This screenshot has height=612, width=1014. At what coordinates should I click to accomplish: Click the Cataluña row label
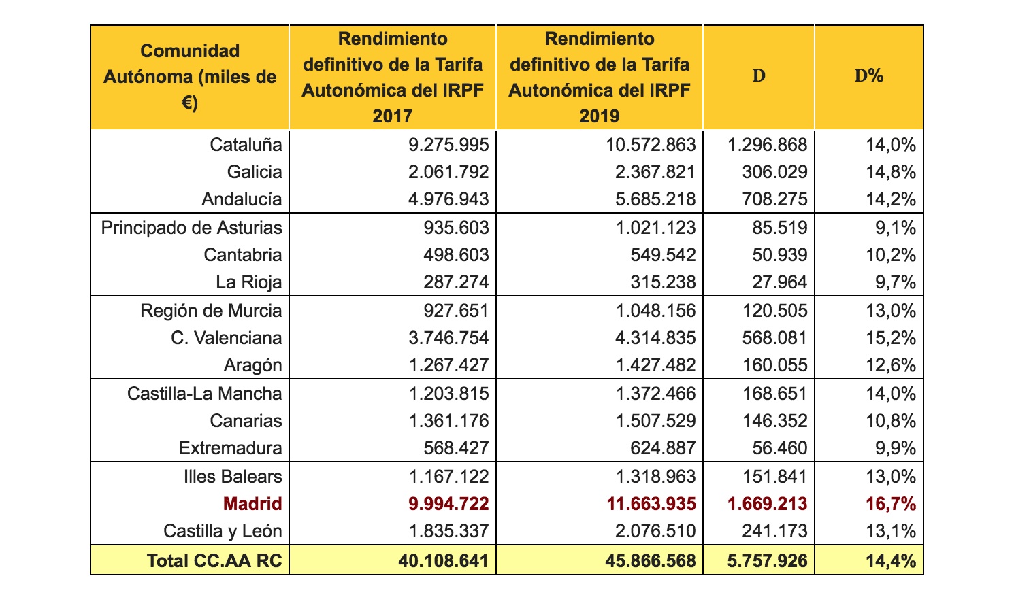246,144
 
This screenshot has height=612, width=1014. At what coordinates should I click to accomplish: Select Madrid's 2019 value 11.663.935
651,504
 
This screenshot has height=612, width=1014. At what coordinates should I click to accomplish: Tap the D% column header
868,76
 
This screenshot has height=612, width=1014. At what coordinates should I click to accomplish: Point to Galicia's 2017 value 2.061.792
448,172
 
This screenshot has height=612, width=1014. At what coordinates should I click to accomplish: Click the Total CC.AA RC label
214,560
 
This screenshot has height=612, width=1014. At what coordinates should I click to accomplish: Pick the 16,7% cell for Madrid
891,504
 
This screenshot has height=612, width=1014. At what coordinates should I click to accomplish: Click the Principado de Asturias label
191,227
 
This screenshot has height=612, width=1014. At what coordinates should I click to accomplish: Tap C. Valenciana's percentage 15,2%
891,338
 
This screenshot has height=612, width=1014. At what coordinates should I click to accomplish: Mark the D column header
759,76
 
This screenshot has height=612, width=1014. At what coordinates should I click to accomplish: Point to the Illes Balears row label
233,476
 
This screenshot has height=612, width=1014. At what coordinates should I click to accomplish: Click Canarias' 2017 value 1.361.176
448,421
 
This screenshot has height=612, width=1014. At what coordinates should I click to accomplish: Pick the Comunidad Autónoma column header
190,76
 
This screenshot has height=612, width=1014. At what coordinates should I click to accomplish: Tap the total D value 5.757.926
768,560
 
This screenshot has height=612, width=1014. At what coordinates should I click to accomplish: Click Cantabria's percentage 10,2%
891,255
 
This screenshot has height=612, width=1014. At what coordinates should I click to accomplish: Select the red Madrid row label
252,504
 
